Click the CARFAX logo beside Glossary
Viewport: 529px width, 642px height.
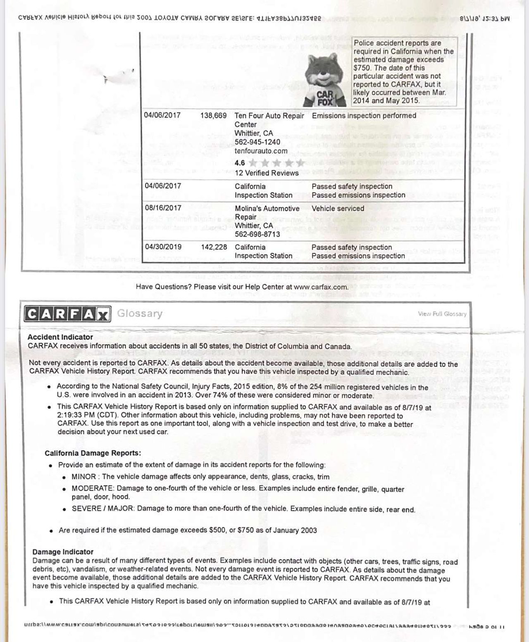pyautogui.click(x=67, y=314)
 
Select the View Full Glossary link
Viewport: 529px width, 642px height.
pyautogui.click(x=442, y=314)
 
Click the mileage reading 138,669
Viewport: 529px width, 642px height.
pyautogui.click(x=213, y=116)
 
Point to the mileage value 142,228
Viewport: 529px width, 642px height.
pyautogui.click(x=214, y=247)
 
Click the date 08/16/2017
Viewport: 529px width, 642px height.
pyautogui.click(x=163, y=208)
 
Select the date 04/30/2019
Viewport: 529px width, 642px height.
pyautogui.click(x=163, y=247)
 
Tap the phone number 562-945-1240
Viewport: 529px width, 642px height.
pyautogui.click(x=257, y=142)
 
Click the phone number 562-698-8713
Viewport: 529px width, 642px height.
pyautogui.click(x=257, y=234)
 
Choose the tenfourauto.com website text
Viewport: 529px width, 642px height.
pyautogui.click(x=260, y=151)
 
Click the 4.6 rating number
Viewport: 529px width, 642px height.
pyautogui.click(x=240, y=163)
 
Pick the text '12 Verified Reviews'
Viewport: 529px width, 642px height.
pyautogui.click(x=267, y=173)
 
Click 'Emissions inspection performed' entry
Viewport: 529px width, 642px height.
pyautogui.click(x=364, y=116)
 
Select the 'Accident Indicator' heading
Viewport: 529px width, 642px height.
pyautogui.click(x=60, y=337)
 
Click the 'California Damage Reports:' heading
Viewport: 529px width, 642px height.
pyautogui.click(x=93, y=453)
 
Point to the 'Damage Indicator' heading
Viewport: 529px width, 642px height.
pyautogui.click(x=63, y=552)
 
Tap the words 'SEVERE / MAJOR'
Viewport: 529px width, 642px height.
pyautogui.click(x=102, y=509)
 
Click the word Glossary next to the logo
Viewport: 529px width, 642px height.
pyautogui.click(x=140, y=314)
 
